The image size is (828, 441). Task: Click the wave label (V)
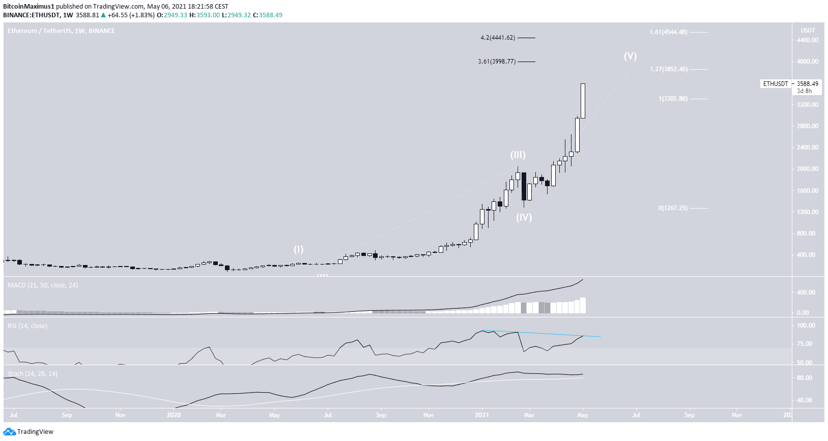click(630, 56)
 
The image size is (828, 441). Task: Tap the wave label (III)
click(518, 155)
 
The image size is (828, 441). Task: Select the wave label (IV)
click(524, 218)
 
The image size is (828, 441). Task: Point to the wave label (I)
click(298, 250)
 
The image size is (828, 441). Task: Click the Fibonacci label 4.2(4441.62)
click(498, 38)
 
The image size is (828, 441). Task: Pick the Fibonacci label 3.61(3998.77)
click(497, 62)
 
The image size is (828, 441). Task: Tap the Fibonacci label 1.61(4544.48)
click(668, 32)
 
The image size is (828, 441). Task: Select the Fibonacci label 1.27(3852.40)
click(669, 69)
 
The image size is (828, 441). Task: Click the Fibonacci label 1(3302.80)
click(673, 99)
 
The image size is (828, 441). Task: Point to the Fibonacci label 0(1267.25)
click(673, 208)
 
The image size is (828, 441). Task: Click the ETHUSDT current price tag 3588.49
click(807, 84)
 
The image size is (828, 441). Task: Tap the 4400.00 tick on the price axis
click(808, 40)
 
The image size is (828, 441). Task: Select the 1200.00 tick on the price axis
click(808, 212)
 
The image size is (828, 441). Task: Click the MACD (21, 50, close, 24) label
click(43, 285)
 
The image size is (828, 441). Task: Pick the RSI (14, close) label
click(27, 326)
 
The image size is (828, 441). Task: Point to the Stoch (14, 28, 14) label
click(33, 374)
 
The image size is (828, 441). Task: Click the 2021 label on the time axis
click(481, 415)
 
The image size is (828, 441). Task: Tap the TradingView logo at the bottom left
click(28, 432)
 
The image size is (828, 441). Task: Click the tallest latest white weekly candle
click(583, 101)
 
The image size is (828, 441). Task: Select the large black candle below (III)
click(524, 186)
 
